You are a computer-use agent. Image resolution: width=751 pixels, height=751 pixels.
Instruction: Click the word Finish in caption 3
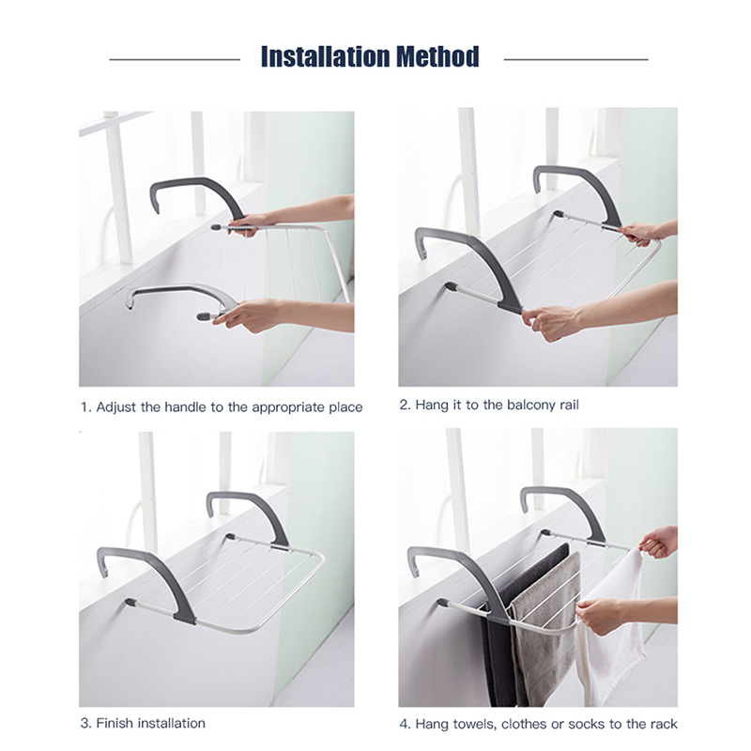click(x=115, y=723)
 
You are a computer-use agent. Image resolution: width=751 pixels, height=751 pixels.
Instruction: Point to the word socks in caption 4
click(x=587, y=724)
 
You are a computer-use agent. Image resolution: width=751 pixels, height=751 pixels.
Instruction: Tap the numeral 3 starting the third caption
click(x=84, y=723)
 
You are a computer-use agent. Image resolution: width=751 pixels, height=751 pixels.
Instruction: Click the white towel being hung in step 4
click(x=612, y=627)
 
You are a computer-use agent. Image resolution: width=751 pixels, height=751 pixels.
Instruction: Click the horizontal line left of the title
click(x=175, y=59)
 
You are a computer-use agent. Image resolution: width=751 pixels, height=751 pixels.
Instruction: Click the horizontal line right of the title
click(x=575, y=59)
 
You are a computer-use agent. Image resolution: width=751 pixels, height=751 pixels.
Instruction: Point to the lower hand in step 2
click(x=551, y=322)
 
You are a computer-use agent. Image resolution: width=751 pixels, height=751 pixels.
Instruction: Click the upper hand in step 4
click(x=660, y=542)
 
